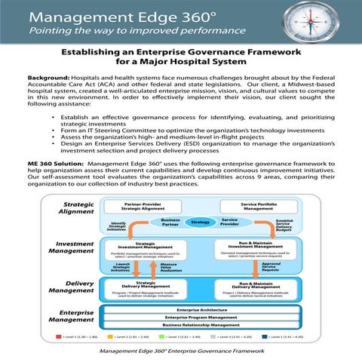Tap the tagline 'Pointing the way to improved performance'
(x=118, y=32)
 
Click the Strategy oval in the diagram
(x=200, y=222)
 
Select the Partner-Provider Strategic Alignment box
(x=145, y=205)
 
